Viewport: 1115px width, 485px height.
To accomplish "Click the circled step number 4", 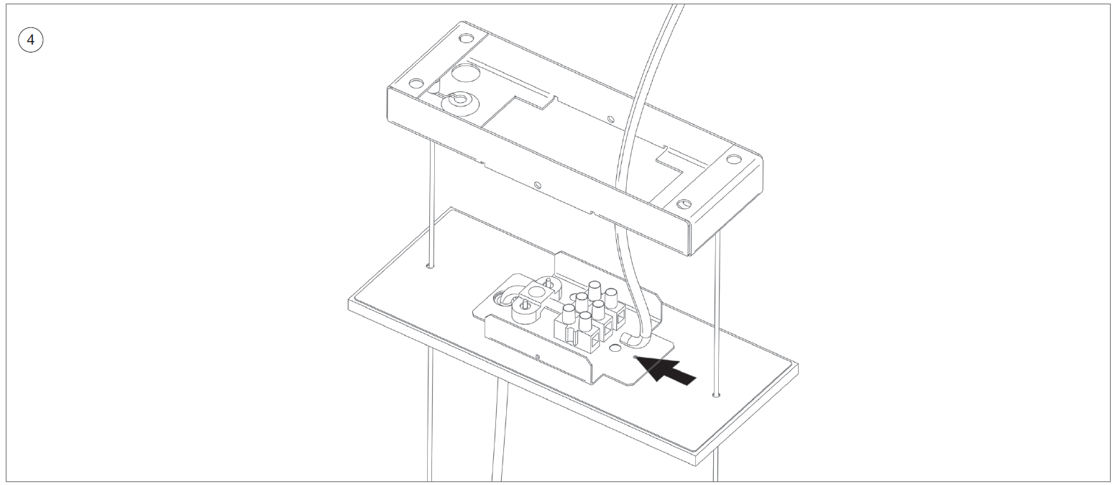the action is (x=31, y=40).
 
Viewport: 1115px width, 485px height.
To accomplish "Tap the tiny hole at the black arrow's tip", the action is (x=634, y=357).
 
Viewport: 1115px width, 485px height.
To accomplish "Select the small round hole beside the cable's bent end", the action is (x=616, y=348).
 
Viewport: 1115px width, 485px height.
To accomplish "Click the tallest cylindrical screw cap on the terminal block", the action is (x=595, y=290).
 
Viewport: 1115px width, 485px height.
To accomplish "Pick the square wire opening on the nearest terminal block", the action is (x=593, y=342).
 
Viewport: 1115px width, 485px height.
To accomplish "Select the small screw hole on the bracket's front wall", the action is (x=538, y=356).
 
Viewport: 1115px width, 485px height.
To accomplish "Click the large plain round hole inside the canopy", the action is (x=466, y=74).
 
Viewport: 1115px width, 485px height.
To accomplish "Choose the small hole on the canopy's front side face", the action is (x=538, y=185).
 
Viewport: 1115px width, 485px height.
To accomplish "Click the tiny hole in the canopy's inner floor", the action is (x=611, y=119).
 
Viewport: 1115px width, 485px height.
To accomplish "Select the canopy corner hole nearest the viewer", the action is (x=684, y=204).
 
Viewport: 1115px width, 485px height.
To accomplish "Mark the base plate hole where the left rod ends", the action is (x=431, y=267).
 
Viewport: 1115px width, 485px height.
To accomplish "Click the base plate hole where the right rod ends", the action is (x=716, y=395).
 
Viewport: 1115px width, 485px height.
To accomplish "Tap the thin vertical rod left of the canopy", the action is (x=431, y=204).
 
